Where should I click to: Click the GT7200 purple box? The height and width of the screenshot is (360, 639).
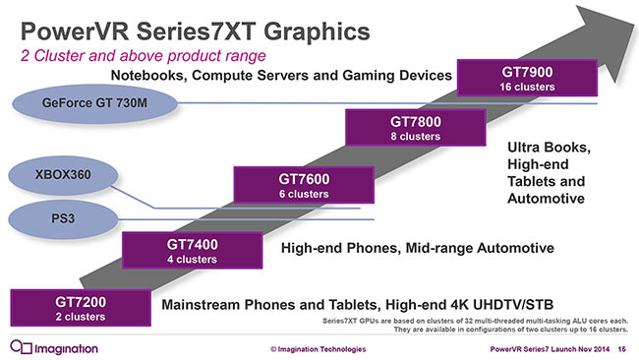click(78, 308)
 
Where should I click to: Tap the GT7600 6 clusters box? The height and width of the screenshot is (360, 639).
click(303, 186)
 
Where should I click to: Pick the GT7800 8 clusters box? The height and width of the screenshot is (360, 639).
click(414, 127)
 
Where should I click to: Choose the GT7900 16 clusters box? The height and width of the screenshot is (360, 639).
click(528, 79)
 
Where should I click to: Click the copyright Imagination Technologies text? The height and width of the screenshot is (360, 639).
click(318, 349)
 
